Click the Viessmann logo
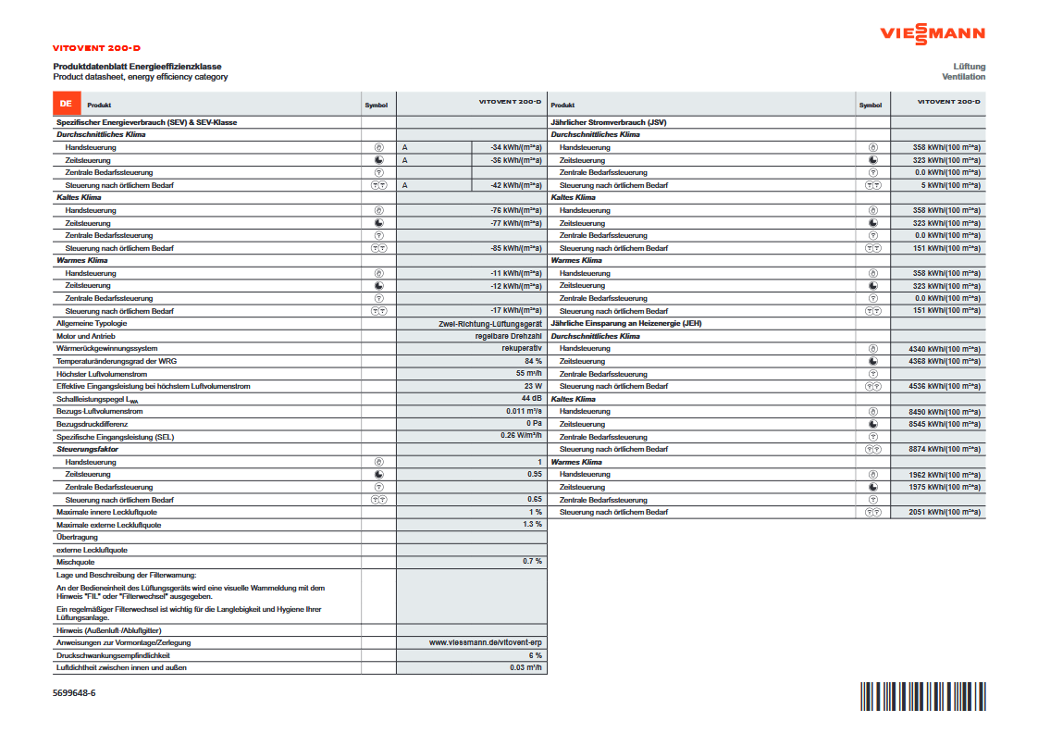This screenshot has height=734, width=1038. pos(932,34)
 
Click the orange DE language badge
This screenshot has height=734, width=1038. pos(65,105)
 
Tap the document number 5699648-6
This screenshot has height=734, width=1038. pos(74,692)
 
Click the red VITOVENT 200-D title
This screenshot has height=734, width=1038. pos(96,47)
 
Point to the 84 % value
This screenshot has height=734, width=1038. pos(533,361)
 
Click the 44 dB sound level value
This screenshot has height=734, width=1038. pos(531,398)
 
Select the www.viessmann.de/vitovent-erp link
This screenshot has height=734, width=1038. pos(486,641)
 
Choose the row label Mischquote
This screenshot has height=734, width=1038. pos(75,562)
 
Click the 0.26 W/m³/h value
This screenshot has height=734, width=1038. pos(521,436)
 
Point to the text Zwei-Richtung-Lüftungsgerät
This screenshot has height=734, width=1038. pos(489,323)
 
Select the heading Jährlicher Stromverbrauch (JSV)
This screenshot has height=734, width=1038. pos(608,122)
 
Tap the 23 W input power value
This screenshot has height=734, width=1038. pos(533,386)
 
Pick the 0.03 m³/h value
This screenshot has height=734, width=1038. pos(525,667)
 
